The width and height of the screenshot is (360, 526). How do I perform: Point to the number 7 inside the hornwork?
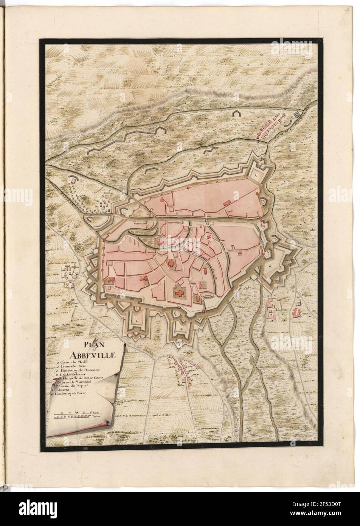coord(255,176)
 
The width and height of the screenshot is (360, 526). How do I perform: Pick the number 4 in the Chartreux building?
coord(272,314)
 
